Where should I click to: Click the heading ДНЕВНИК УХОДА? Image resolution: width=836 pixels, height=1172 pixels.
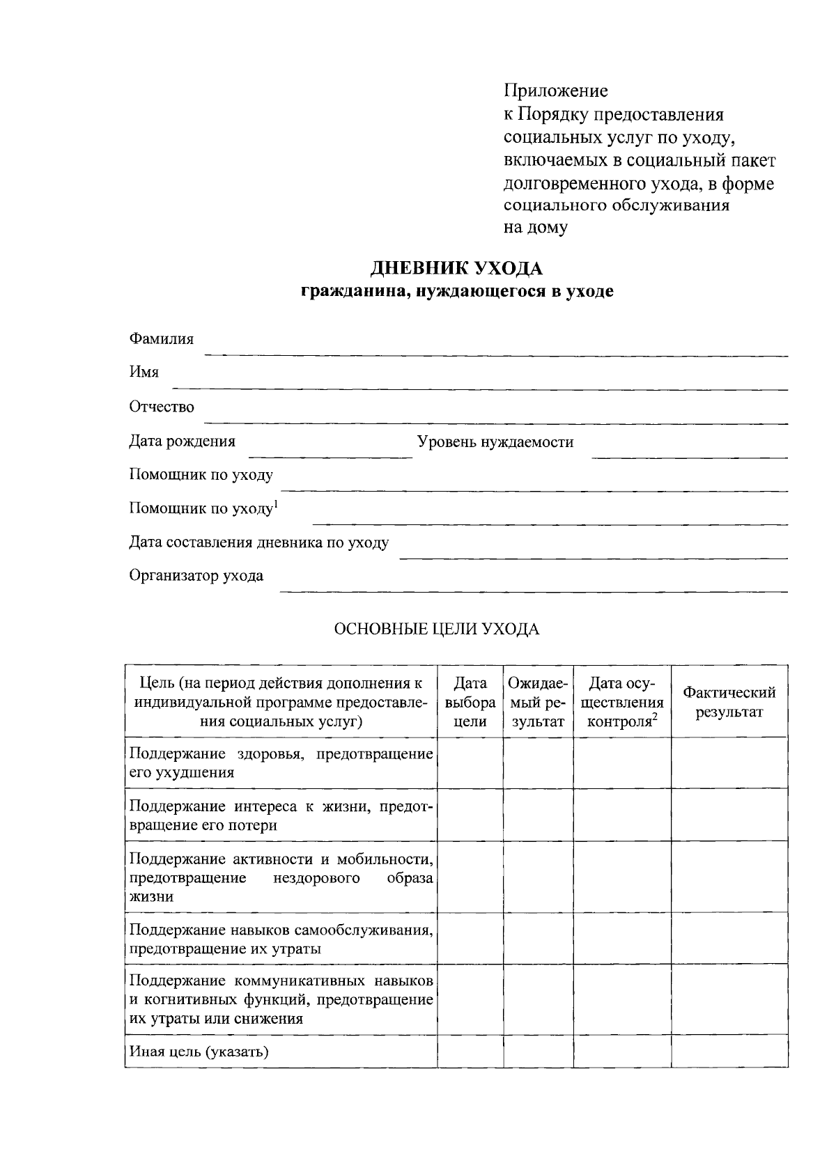pos(456,268)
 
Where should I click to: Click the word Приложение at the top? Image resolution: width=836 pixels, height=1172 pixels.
pos(555,91)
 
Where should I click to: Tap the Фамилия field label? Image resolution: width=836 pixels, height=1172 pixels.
pos(162,339)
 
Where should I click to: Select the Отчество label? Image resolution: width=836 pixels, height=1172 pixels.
pos(162,407)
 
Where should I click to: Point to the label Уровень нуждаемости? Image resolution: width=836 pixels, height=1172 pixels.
pos(495,442)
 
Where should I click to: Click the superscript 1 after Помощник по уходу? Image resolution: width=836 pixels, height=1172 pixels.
pos(276,503)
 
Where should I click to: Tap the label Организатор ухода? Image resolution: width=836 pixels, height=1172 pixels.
pos(196,576)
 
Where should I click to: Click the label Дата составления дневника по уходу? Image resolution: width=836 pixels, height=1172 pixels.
pos(259,542)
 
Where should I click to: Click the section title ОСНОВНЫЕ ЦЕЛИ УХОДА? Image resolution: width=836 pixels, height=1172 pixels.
pos(437,630)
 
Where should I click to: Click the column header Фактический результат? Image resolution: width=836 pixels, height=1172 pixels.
pos(729,702)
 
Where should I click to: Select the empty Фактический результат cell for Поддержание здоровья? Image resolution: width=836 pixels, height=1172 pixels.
pos(729,763)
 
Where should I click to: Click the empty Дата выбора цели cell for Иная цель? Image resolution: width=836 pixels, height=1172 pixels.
pos(470,1052)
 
